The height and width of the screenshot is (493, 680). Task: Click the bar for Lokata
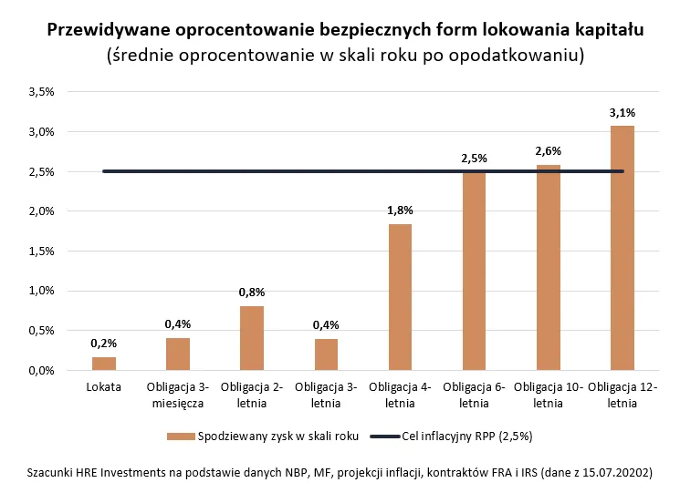(x=104, y=364)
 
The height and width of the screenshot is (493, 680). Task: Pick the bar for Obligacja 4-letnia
(x=400, y=297)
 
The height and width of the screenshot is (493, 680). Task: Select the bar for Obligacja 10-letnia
(x=548, y=267)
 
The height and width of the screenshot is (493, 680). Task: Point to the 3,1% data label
(x=622, y=113)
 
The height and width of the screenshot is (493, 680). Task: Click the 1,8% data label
(x=400, y=211)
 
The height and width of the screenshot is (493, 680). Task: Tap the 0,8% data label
(x=252, y=293)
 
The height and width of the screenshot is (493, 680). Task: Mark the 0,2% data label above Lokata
(x=104, y=344)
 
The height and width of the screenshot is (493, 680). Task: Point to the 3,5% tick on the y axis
(x=42, y=92)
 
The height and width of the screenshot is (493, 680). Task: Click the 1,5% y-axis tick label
(x=42, y=252)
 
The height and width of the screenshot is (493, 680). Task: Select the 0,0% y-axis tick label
(x=42, y=371)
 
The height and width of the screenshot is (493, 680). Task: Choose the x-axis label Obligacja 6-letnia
(x=474, y=395)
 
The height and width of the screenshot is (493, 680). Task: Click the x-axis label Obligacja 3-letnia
(x=326, y=395)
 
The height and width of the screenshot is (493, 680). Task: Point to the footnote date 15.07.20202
(x=615, y=474)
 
